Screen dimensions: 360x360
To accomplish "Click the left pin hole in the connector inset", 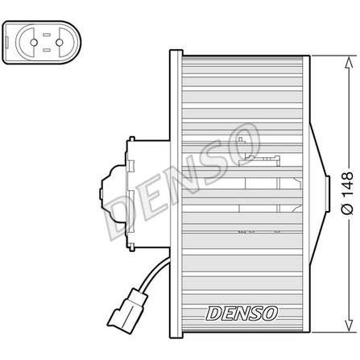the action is pos(34,43).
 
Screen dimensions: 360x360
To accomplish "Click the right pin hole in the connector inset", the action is pos(60,43).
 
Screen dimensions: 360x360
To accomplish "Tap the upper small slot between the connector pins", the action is pos(47,35).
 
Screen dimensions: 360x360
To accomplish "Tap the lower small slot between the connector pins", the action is pos(47,50).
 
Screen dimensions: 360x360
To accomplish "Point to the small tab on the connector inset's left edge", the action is pos(6,43).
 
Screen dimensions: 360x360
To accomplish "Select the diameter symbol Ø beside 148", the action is pos(347,209).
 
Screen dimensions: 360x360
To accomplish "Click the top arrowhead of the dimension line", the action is pos(349,62).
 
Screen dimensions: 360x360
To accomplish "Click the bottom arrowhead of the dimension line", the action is pos(349,325).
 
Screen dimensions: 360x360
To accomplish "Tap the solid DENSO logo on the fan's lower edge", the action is pos(242,313).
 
